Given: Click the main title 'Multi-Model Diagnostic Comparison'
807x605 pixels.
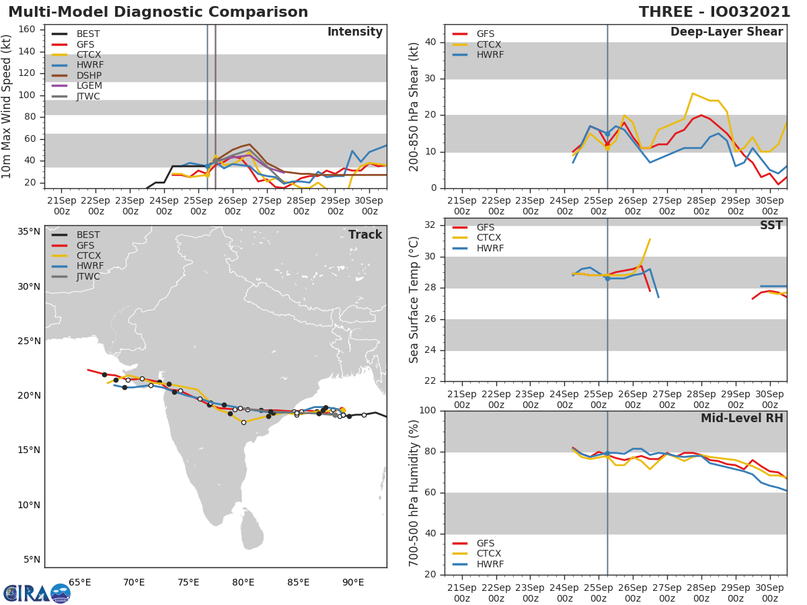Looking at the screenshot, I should (x=158, y=12).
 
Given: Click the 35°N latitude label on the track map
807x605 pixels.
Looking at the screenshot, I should (x=28, y=232).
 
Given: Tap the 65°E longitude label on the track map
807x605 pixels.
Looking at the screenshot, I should (x=79, y=582).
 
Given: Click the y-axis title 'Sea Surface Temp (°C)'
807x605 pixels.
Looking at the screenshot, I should (x=414, y=300).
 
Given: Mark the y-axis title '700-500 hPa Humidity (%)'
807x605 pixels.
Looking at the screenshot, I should (x=414, y=493).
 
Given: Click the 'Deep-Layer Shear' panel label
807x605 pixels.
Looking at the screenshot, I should (x=726, y=32).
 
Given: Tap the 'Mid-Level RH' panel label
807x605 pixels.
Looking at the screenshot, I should (x=742, y=418).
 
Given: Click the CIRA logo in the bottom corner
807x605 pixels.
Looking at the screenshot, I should (x=36, y=593).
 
